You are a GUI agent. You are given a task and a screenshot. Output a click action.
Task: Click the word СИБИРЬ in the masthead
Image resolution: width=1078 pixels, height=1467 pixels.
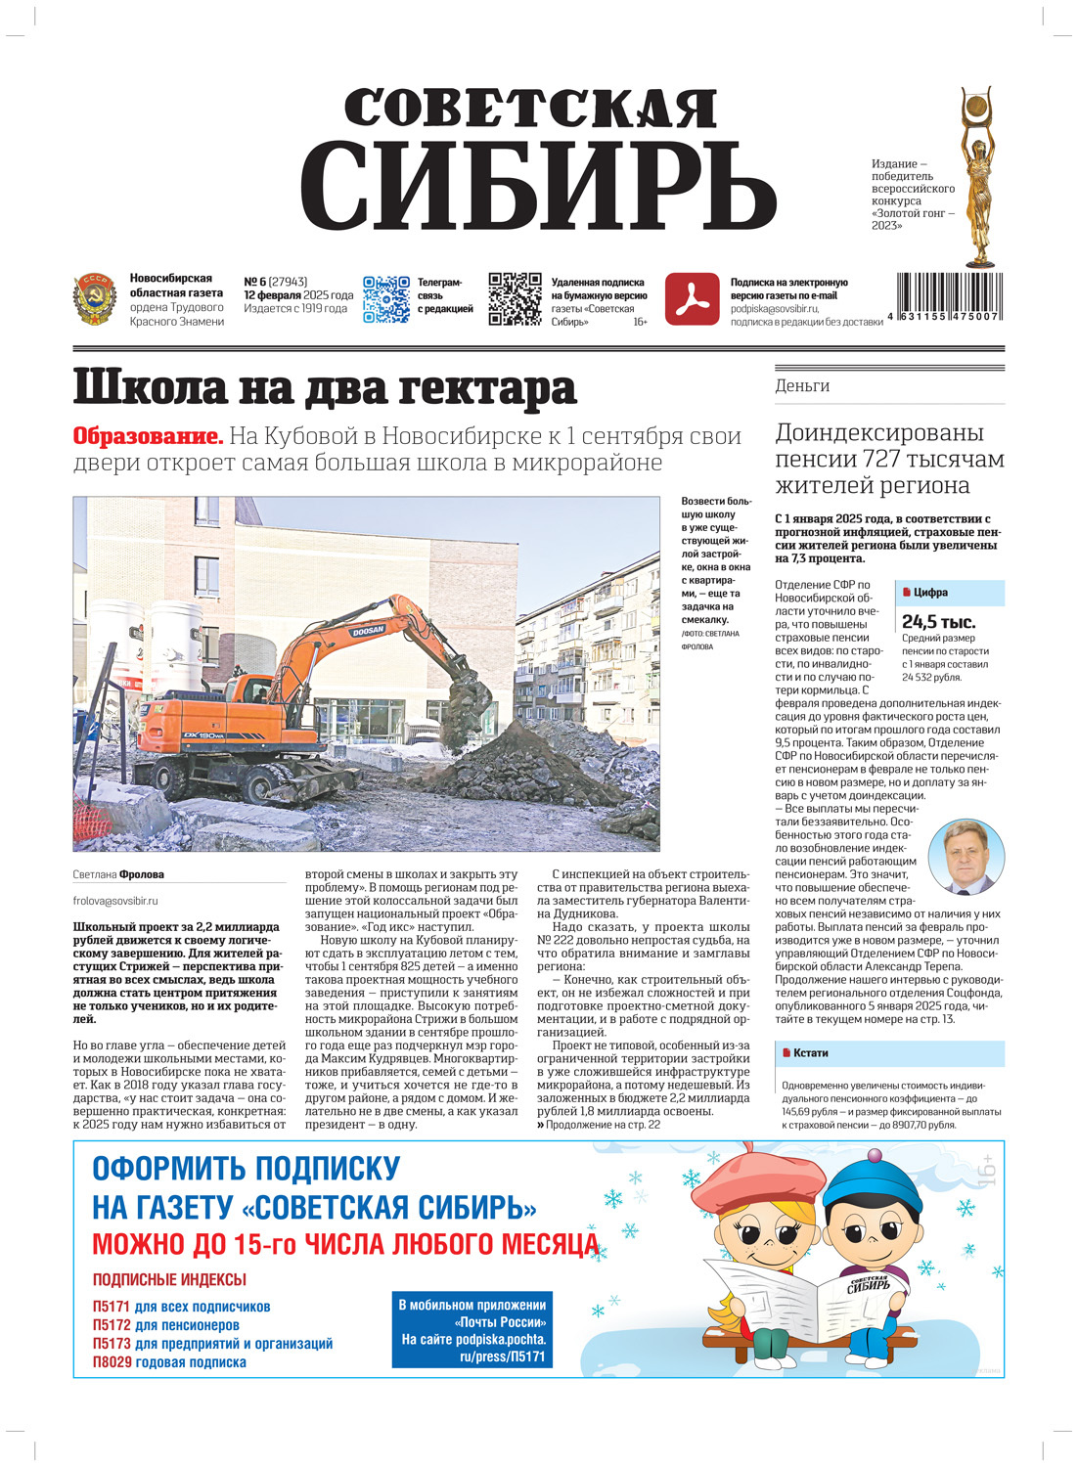[538, 186]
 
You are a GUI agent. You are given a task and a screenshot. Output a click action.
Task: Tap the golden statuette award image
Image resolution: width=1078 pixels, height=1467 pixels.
[978, 176]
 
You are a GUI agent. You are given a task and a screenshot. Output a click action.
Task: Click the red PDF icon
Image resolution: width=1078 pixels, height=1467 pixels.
[692, 298]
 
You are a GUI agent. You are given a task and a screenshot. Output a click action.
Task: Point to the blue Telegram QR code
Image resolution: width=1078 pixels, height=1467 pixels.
[385, 298]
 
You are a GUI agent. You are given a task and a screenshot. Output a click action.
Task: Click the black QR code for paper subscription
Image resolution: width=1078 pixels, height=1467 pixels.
[515, 298]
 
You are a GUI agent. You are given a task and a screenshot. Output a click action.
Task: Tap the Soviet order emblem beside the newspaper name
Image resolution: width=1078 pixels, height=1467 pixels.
[95, 299]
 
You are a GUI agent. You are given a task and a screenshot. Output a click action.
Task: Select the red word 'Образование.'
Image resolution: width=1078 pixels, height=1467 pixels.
[148, 436]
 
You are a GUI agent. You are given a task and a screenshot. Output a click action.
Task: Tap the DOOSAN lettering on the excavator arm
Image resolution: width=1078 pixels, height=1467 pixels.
[369, 632]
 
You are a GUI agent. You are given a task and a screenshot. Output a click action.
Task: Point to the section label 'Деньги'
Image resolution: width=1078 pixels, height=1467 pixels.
[802, 386]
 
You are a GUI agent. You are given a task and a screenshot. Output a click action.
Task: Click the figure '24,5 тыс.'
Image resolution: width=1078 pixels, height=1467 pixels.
[938, 622]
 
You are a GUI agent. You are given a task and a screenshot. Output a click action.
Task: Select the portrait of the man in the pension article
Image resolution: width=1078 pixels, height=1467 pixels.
[965, 858]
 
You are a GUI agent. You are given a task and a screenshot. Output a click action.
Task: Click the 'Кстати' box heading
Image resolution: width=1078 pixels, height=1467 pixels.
[811, 1053]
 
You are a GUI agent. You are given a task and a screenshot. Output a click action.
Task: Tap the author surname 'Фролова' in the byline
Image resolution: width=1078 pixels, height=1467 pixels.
[142, 874]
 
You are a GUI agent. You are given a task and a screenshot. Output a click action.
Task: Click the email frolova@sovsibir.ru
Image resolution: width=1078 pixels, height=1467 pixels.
[115, 901]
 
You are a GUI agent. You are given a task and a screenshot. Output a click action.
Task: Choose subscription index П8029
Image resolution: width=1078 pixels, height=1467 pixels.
[112, 1362]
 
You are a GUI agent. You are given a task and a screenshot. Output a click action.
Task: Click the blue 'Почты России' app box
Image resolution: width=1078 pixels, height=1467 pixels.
[473, 1330]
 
